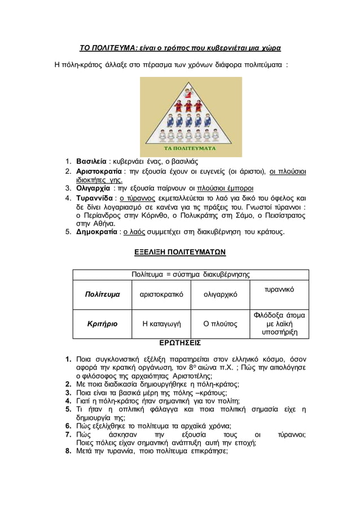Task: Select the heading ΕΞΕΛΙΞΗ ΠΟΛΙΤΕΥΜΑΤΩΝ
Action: click(179, 251)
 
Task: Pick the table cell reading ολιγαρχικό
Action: click(220, 295)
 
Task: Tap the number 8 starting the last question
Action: click(67, 451)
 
